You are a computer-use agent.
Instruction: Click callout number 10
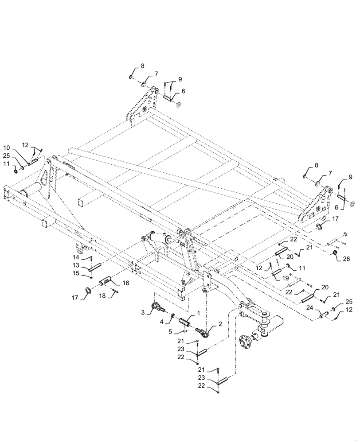[x=7, y=147]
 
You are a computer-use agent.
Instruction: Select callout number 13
[x=76, y=266]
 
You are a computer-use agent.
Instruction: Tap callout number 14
[x=76, y=257]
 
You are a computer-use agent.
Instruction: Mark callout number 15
[x=76, y=274]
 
